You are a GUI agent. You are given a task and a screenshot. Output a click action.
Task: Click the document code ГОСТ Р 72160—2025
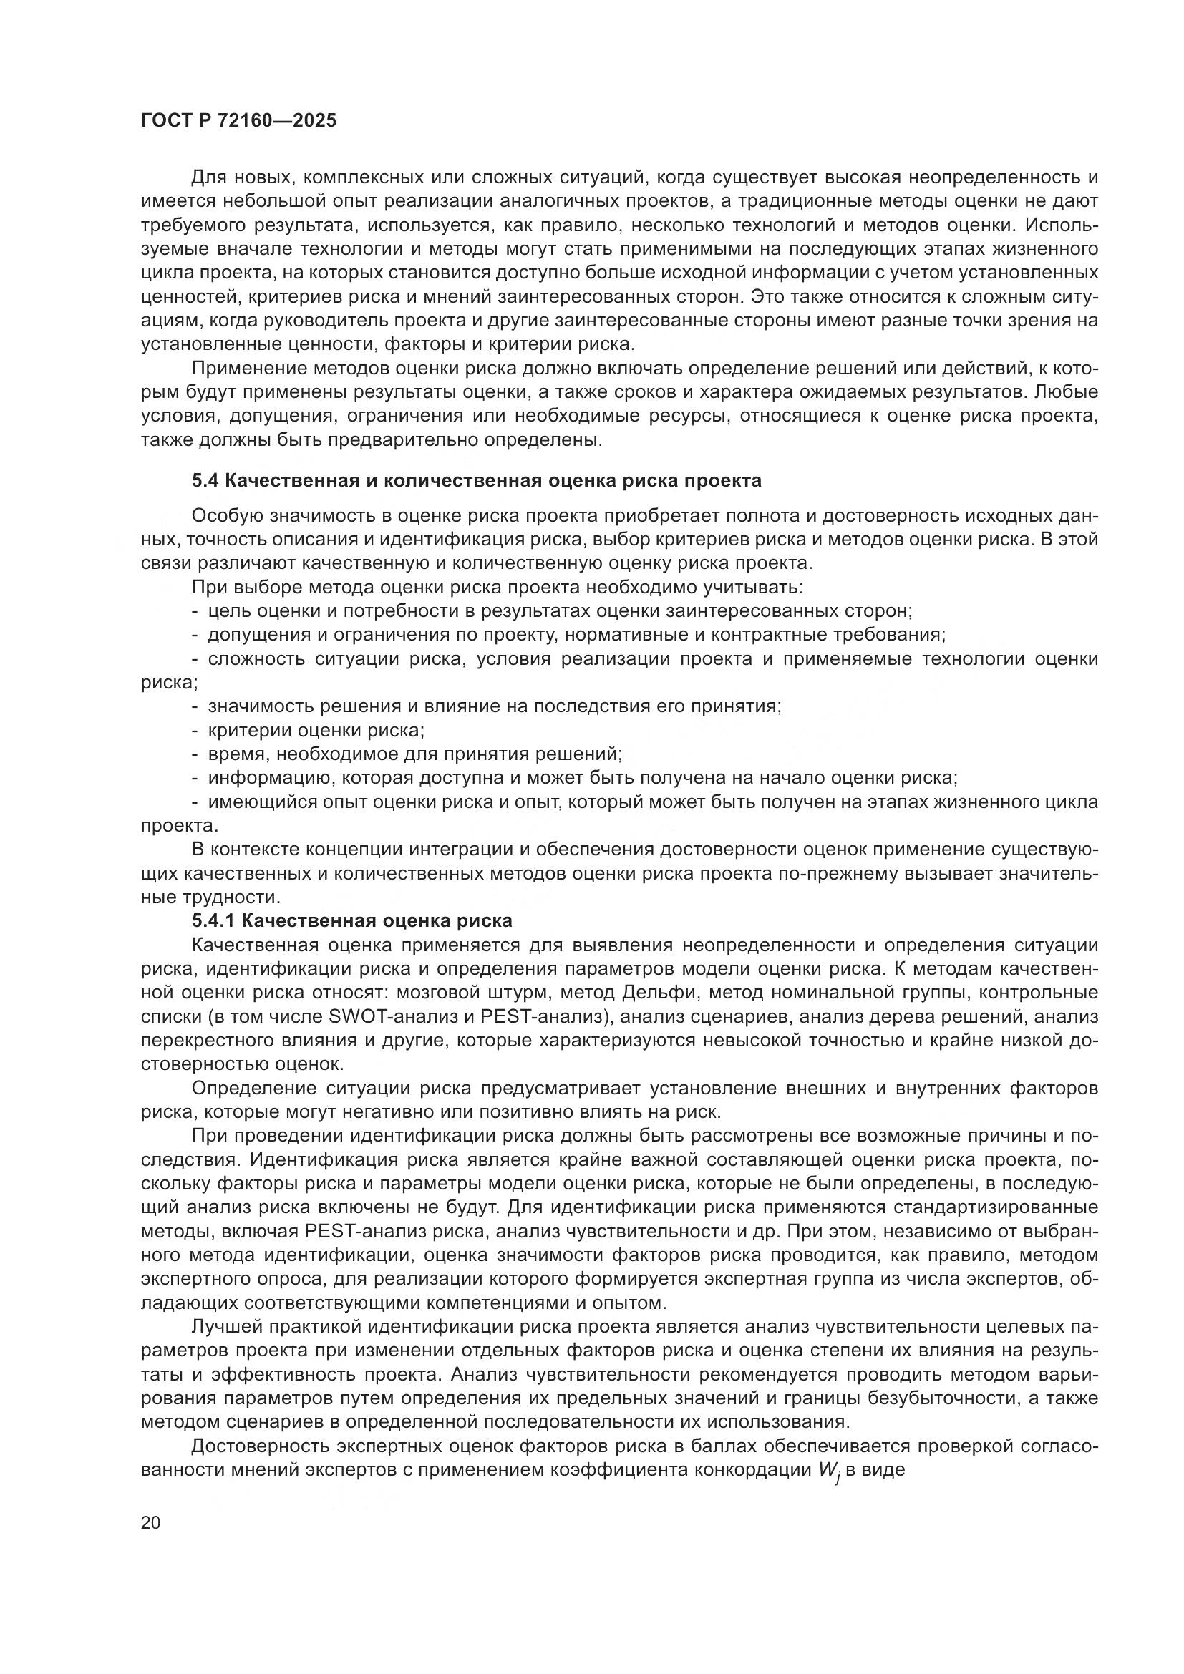click(239, 121)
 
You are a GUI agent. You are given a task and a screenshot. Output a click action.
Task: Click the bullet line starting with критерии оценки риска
click(316, 730)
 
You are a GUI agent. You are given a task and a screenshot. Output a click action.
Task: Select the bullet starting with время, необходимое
click(413, 754)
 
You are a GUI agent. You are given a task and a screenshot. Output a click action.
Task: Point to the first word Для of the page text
click(208, 177)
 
